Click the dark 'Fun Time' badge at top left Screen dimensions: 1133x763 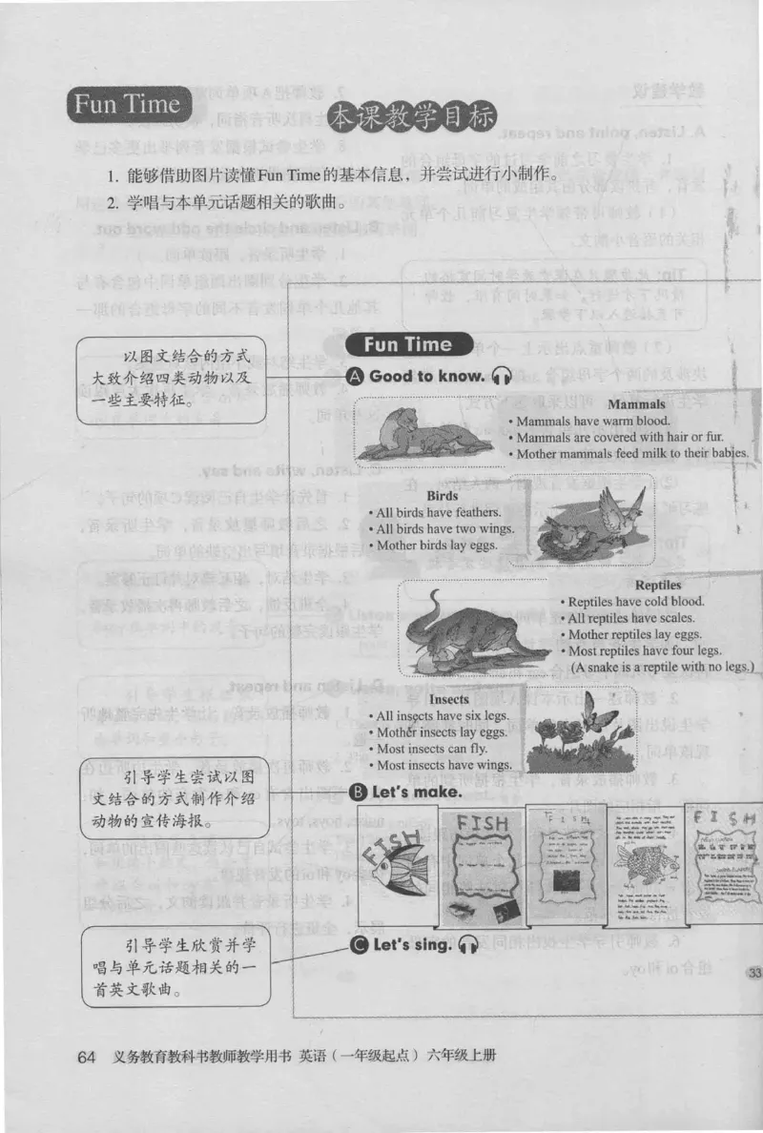click(128, 105)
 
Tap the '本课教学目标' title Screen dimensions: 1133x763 click(411, 119)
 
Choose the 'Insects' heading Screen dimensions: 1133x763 click(448, 699)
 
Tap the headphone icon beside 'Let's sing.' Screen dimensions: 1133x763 click(467, 946)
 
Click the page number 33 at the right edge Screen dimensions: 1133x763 click(753, 973)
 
